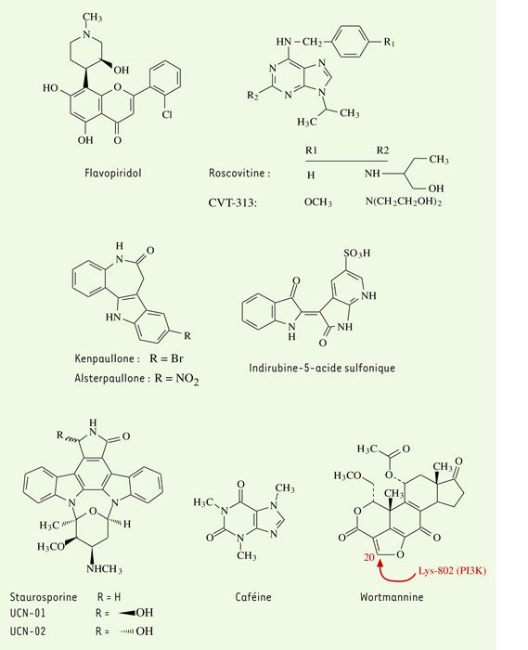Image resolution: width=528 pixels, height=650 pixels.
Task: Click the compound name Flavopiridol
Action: (112, 173)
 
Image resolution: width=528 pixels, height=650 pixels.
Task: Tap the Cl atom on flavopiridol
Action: (167, 114)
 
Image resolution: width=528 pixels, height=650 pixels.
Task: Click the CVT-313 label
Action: (232, 202)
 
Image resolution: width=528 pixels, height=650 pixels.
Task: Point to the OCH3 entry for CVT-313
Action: (318, 202)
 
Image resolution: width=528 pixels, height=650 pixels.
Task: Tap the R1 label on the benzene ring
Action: (389, 42)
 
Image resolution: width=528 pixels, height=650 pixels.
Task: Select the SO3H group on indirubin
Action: (356, 253)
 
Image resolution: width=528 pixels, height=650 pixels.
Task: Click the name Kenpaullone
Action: (104, 358)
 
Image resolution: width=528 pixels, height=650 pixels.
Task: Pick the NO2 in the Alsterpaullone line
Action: (187, 379)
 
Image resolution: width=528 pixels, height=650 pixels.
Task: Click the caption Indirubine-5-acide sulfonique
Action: (322, 368)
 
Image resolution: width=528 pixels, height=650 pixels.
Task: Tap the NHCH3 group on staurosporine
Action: (104, 568)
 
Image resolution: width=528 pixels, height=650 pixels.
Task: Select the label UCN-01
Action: (27, 613)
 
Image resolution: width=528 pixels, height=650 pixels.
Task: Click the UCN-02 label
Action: (28, 631)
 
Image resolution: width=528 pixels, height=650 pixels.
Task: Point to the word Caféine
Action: (253, 597)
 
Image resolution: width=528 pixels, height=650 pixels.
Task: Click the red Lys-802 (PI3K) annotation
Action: (452, 570)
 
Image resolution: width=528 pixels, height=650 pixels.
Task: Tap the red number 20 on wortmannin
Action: (369, 557)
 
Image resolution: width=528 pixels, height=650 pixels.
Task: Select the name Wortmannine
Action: (392, 597)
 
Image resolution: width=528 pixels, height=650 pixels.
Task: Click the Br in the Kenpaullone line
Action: (177, 358)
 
